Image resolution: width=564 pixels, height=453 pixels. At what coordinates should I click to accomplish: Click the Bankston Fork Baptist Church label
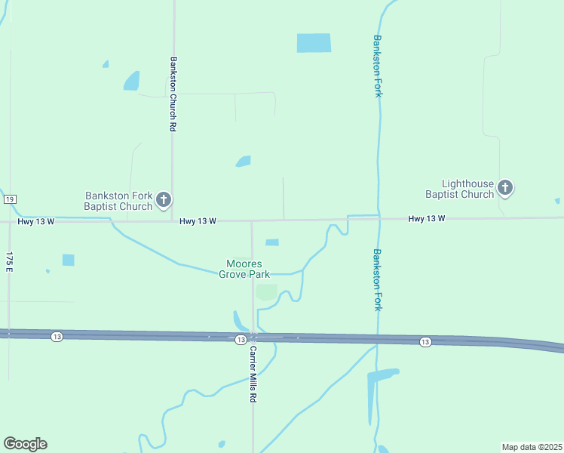point(118,201)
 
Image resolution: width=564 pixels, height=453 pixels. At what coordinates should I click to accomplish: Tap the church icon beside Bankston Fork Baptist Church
point(164,201)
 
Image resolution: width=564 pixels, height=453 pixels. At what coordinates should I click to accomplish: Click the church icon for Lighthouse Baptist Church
point(505,187)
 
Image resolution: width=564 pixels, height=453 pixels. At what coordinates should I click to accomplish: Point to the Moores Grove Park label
point(244,269)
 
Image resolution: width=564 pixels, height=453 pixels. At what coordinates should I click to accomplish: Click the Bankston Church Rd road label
point(173,94)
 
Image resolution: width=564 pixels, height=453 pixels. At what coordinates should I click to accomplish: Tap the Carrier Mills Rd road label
point(253,374)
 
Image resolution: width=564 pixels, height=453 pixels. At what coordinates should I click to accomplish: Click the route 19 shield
point(9,199)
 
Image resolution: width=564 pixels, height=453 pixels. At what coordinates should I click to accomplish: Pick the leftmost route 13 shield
point(57,336)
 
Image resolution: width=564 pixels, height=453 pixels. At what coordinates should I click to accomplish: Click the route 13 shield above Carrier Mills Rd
point(240,340)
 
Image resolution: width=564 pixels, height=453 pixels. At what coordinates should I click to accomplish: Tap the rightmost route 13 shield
point(425,342)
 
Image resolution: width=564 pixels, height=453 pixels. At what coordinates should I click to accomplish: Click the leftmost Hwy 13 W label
point(35,221)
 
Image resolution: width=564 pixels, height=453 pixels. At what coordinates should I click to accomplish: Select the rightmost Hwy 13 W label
point(426,219)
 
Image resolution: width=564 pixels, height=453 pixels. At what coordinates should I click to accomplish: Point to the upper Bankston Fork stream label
point(378,65)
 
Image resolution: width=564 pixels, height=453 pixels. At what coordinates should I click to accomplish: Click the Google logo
point(25,444)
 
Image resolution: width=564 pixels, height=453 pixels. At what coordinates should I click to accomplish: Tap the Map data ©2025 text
point(532,447)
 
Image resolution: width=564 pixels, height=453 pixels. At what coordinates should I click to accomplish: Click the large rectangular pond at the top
point(314,43)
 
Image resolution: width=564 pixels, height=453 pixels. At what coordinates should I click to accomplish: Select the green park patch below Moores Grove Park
point(266,291)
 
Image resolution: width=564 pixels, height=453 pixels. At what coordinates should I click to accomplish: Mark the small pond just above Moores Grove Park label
point(272,242)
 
